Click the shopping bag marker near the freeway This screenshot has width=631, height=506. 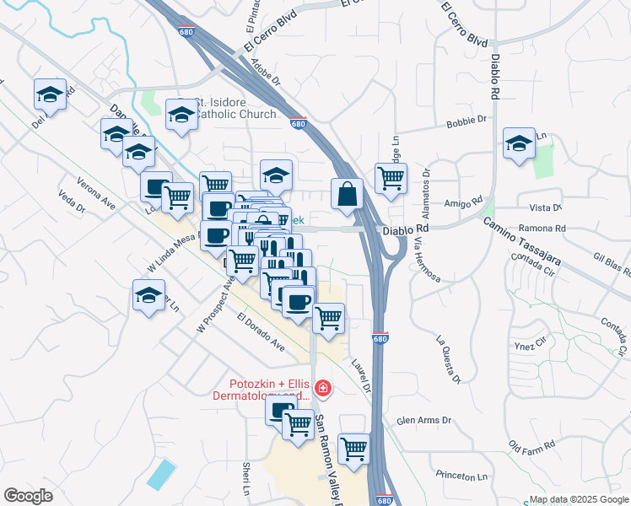[x=347, y=194]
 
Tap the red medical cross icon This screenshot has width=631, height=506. [x=321, y=389]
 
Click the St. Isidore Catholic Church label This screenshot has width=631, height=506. [x=235, y=109]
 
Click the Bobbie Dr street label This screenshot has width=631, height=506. [x=467, y=121]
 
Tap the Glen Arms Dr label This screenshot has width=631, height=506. [x=424, y=420]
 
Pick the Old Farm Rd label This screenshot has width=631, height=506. [x=531, y=444]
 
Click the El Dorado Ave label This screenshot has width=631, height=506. [x=262, y=332]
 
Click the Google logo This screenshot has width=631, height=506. [x=28, y=496]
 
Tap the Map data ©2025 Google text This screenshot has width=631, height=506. [x=579, y=498]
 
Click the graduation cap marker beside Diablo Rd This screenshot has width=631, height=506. [x=519, y=143]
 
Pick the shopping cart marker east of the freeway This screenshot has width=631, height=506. [x=391, y=180]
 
